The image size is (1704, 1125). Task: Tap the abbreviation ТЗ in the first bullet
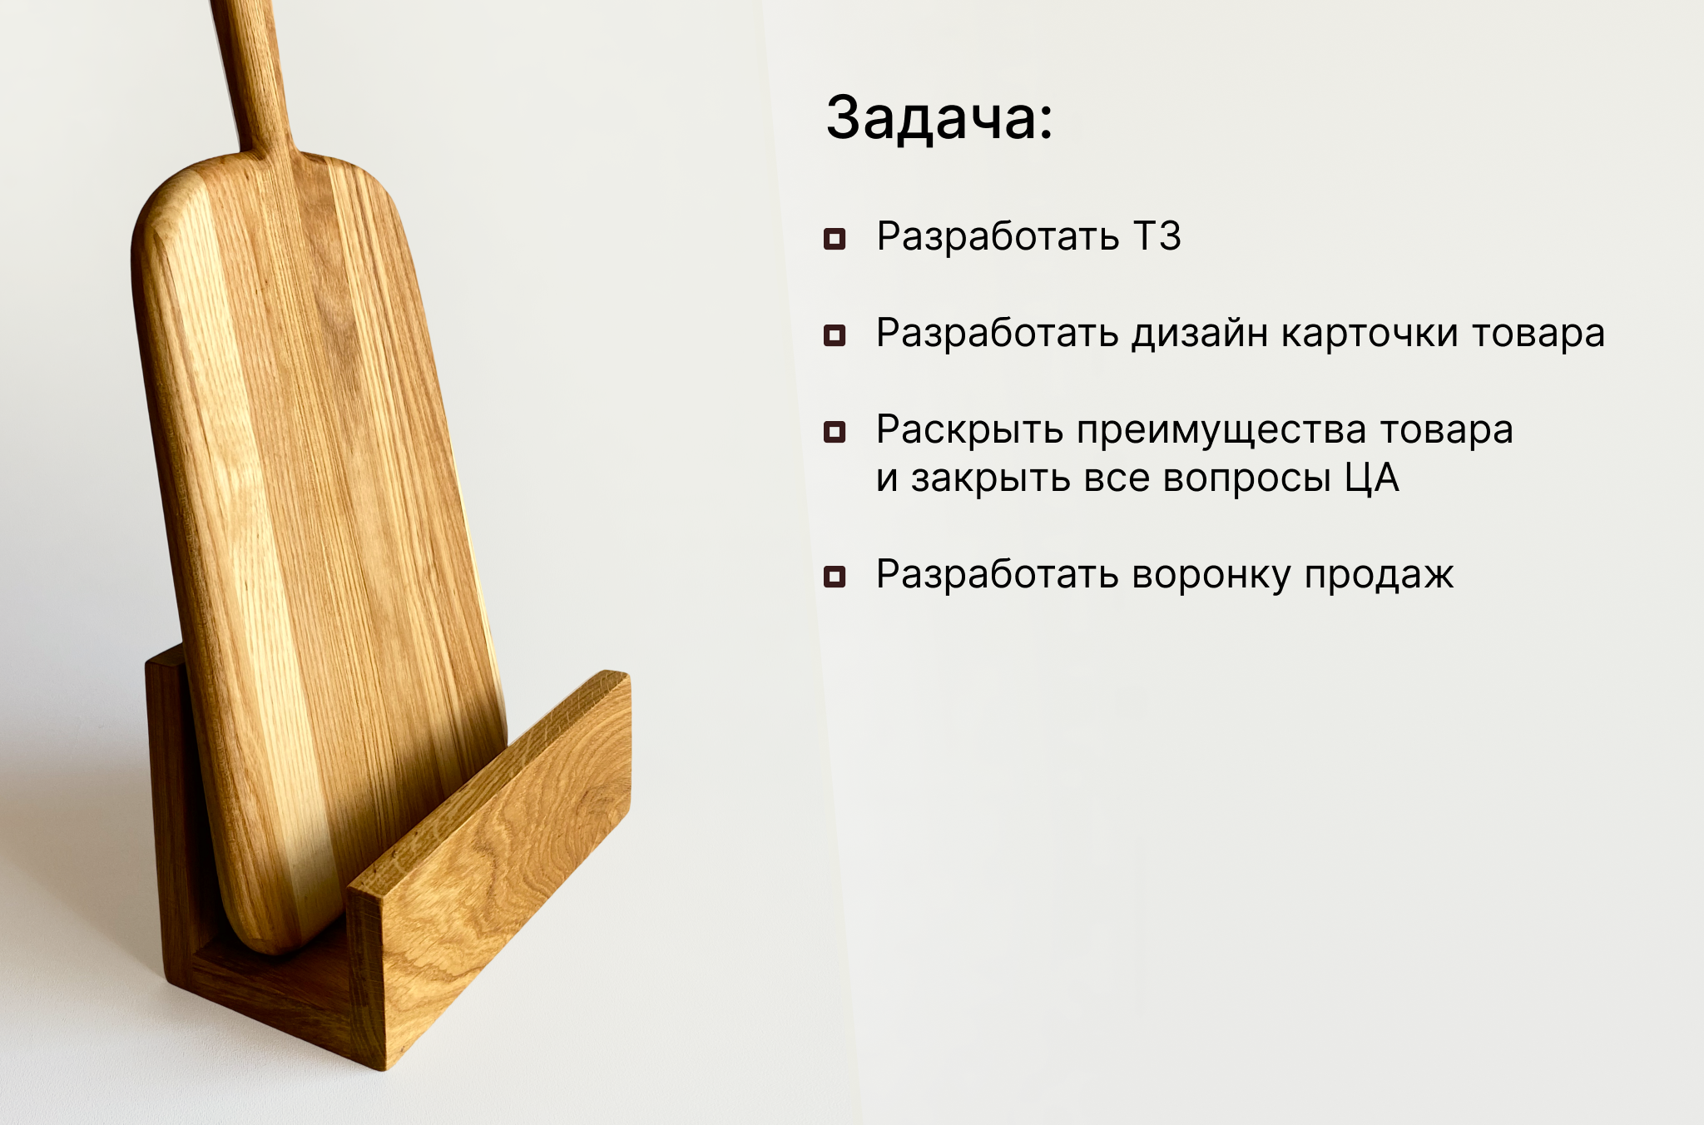1157,237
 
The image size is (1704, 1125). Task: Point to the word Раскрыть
970,431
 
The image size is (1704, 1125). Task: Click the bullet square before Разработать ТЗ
834,239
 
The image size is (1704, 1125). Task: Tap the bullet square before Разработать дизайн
834,335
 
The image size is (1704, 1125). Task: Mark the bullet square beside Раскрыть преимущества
834,432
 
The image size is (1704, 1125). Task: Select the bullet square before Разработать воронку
834,577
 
